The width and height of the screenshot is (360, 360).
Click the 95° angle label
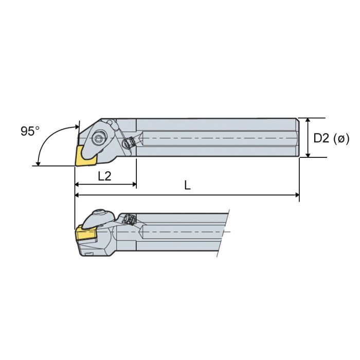click(30, 131)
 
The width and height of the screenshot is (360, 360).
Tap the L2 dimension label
click(105, 175)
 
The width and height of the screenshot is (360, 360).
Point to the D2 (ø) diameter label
click(331, 138)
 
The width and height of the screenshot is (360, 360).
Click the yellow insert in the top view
click(83, 155)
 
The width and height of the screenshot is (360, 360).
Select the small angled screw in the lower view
click(129, 220)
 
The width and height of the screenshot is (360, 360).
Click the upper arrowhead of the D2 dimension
click(308, 120)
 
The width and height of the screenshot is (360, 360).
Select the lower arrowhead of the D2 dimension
click(308, 154)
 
